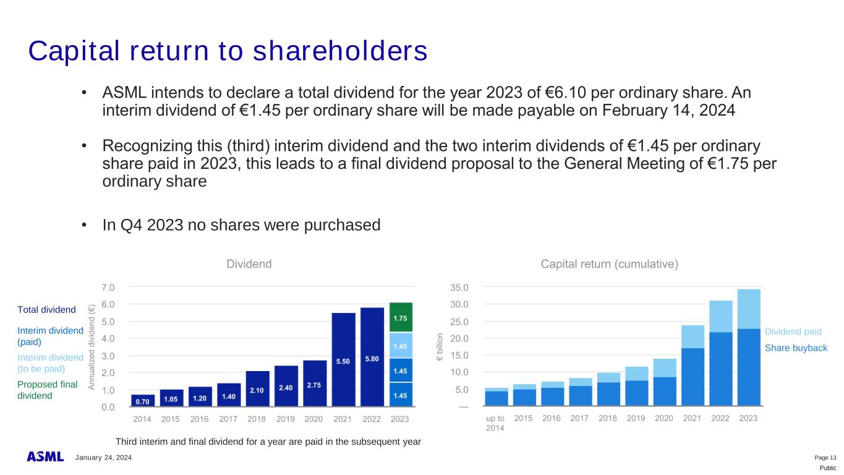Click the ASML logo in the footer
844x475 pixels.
[x=45, y=456]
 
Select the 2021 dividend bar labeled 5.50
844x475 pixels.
[x=343, y=359]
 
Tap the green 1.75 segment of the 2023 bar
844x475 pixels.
[x=401, y=317]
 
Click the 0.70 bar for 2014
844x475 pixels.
[x=143, y=400]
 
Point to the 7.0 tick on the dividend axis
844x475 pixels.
[x=108, y=288]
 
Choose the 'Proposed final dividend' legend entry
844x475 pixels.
[x=48, y=390]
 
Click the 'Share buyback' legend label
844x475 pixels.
[x=796, y=348]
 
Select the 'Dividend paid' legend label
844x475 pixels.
[x=793, y=332]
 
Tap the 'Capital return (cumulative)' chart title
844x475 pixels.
[x=609, y=264]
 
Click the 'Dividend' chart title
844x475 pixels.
[x=249, y=264]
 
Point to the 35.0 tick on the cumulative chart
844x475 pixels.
[x=459, y=288]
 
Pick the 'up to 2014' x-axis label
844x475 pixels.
[x=495, y=423]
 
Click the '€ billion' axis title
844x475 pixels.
[x=440, y=347]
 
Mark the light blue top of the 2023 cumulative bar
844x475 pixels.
[x=749, y=309]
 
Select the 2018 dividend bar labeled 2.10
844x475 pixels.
[x=257, y=388]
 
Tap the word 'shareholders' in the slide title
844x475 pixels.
[x=340, y=51]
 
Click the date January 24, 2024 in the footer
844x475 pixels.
[x=104, y=458]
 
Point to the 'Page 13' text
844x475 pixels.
[x=825, y=458]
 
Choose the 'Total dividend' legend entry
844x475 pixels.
[x=46, y=309]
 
